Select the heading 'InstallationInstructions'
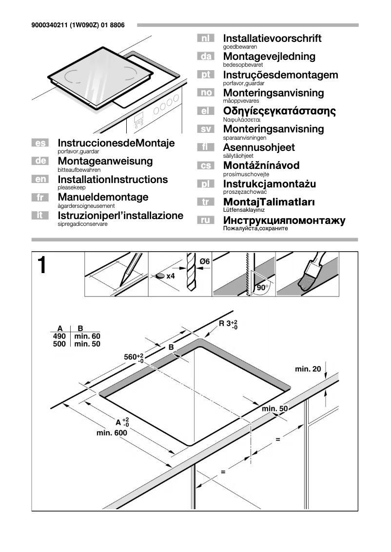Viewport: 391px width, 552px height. click(113, 180)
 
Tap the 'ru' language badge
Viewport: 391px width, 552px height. click(205, 221)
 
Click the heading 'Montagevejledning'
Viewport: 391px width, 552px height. click(269, 56)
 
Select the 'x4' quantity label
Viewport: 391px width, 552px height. click(170, 276)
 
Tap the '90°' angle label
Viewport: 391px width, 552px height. click(263, 288)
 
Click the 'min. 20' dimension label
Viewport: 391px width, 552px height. click(308, 369)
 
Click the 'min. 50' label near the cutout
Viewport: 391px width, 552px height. click(275, 408)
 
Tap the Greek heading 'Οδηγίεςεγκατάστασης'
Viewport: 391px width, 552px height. click(279, 111)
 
